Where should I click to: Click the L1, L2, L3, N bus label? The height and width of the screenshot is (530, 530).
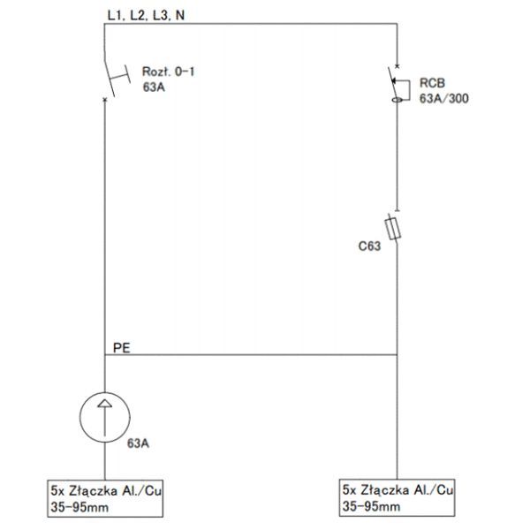(x=146, y=15)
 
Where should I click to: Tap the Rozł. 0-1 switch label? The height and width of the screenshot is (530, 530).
(x=169, y=72)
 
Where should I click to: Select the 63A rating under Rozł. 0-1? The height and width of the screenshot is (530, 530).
(x=154, y=87)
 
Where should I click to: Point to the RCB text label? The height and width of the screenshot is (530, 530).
(x=432, y=83)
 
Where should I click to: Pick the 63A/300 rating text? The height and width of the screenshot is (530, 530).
(x=443, y=99)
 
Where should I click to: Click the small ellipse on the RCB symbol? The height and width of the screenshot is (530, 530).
(x=397, y=100)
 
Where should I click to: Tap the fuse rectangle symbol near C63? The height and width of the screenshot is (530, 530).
(x=393, y=229)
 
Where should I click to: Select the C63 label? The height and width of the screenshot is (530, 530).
(x=369, y=246)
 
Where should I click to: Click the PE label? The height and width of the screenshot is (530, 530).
(x=121, y=348)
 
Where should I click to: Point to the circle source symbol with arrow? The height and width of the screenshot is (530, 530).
(x=105, y=417)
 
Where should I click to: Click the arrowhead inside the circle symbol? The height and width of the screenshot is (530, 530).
(x=105, y=404)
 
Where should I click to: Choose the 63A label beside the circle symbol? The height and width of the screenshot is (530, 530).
(x=138, y=443)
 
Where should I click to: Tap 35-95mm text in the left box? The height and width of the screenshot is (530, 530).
(x=79, y=507)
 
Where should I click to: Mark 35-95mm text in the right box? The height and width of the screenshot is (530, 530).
(x=372, y=506)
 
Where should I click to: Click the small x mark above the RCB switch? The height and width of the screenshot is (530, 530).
(x=397, y=66)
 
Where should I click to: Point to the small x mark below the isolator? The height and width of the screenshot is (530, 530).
(x=105, y=99)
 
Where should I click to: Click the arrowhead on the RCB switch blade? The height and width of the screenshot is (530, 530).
(x=393, y=80)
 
